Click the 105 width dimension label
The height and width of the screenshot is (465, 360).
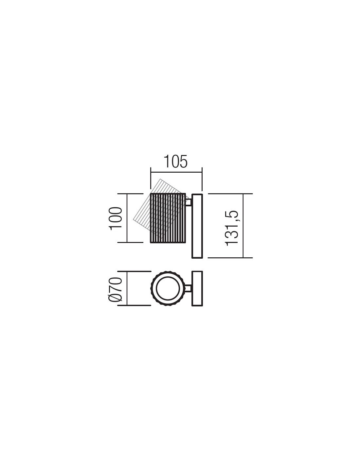pyautogui.click(x=176, y=162)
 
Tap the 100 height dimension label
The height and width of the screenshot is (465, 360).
pyautogui.click(x=116, y=218)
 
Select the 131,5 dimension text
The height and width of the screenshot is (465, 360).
pyautogui.click(x=231, y=228)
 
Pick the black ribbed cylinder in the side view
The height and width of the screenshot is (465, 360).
pyautogui.click(x=168, y=218)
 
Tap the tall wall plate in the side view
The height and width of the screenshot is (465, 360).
pyautogui.click(x=197, y=226)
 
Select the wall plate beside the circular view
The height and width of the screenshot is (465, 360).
pyautogui.click(x=197, y=289)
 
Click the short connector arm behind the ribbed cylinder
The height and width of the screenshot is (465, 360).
pyautogui.click(x=189, y=202)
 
